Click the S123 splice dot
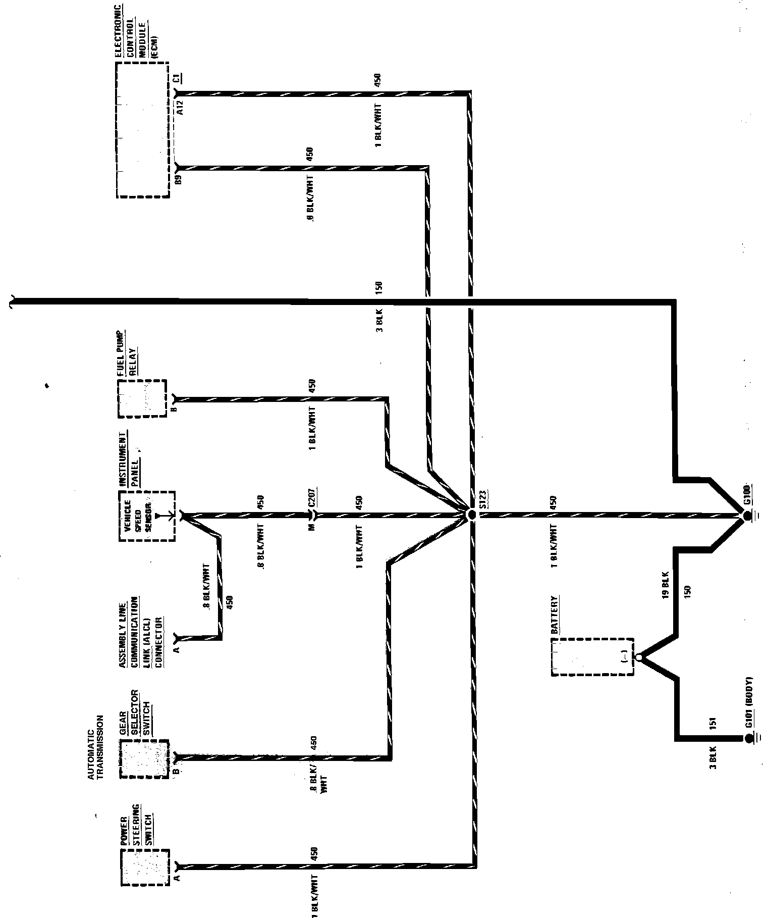[x=471, y=515]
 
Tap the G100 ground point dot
[x=746, y=516]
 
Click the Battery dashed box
[x=593, y=656]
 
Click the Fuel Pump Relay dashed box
[x=142, y=398]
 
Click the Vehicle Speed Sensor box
[x=147, y=516]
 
